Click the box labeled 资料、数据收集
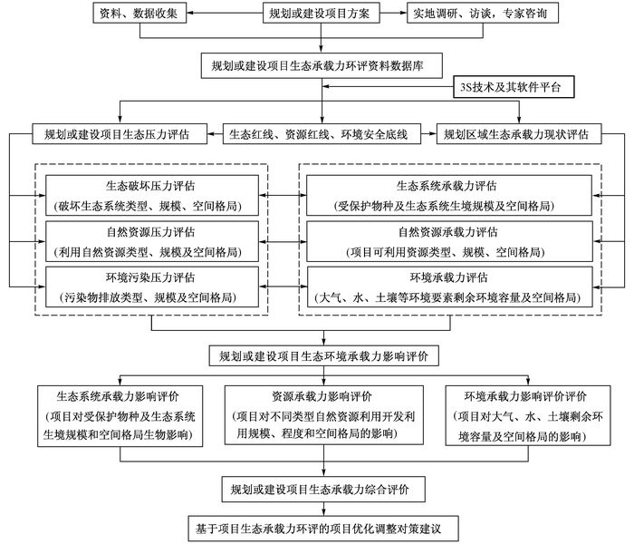tap(139, 13)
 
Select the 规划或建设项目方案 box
tap(321, 13)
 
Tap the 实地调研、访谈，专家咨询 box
tap(483, 13)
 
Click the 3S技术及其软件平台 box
tap(514, 87)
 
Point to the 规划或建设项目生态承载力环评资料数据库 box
tap(322, 65)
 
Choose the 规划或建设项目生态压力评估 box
tap(120, 133)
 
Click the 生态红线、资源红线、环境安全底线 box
tap(322, 133)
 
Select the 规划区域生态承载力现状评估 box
tap(519, 133)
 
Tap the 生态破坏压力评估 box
tap(152, 196)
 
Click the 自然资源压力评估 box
tap(152, 242)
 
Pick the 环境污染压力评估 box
tap(152, 287)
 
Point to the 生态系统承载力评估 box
tap(449, 196)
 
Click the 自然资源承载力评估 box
tap(449, 242)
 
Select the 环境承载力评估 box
tap(449, 287)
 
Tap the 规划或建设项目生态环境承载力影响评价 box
tap(324, 355)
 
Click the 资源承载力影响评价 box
tap(324, 415)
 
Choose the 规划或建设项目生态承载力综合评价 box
tap(323, 490)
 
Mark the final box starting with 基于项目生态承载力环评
tap(323, 529)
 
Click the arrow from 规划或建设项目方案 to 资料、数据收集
tap(225, 13)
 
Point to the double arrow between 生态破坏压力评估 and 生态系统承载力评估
tap(283, 196)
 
